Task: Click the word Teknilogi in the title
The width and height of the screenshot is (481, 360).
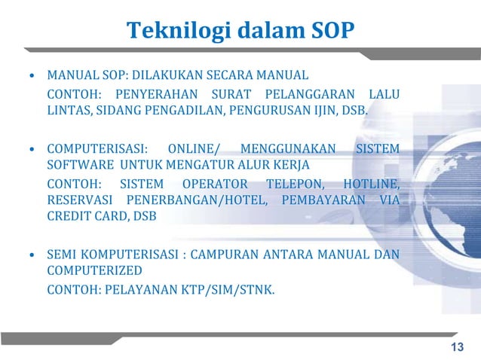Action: [x=168, y=31]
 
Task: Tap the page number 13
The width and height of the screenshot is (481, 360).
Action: [x=456, y=346]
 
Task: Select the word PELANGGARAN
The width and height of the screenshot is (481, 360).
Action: [x=309, y=95]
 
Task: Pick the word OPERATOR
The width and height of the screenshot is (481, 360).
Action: [x=215, y=184]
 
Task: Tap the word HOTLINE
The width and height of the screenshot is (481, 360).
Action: [x=370, y=184]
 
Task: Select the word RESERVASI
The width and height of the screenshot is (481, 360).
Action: [x=80, y=200]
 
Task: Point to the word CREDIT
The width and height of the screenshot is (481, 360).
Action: [x=69, y=217]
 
